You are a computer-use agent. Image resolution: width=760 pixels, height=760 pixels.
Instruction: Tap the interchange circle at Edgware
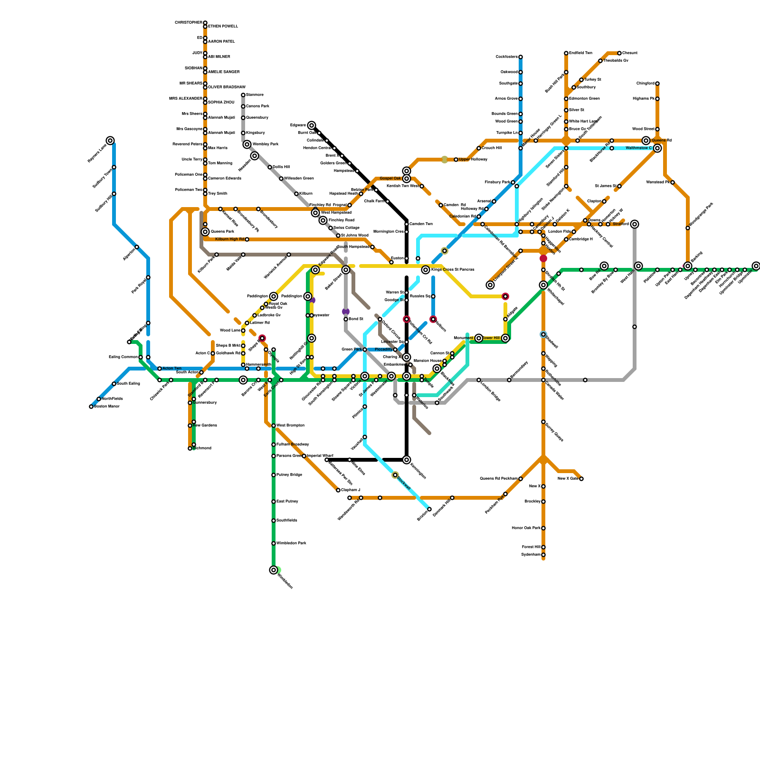[x=312, y=125]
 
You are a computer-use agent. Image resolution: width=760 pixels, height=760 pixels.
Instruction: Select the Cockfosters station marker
[x=521, y=57]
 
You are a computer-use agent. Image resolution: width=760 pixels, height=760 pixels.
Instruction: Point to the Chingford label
[x=646, y=84]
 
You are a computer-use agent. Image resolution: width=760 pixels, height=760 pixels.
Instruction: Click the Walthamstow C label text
[x=638, y=148]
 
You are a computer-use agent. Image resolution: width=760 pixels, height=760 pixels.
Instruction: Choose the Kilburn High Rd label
[x=229, y=239]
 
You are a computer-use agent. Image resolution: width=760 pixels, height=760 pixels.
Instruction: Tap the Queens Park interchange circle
[x=205, y=232]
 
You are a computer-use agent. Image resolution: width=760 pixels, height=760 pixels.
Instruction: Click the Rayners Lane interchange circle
[x=110, y=141]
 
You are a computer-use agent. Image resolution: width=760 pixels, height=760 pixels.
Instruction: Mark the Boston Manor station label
[x=107, y=407]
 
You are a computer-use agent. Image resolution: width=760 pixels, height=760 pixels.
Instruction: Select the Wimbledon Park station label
[x=291, y=543]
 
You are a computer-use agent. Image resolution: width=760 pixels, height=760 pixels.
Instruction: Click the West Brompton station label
[x=290, y=425]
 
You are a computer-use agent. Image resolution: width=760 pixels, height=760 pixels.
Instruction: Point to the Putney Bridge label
[x=289, y=475]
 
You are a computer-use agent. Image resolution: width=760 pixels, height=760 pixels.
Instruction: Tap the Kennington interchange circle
[x=407, y=460]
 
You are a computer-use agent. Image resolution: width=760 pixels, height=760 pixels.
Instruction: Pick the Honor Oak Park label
[x=526, y=528]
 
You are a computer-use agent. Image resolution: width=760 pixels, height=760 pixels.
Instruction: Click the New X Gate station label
[x=568, y=478]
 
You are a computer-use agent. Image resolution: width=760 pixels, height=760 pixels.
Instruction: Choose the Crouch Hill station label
[x=492, y=148]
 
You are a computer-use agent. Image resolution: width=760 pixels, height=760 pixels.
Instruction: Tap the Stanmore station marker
[x=243, y=95]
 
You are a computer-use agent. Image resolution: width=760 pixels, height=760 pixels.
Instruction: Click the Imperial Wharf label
[x=320, y=456]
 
